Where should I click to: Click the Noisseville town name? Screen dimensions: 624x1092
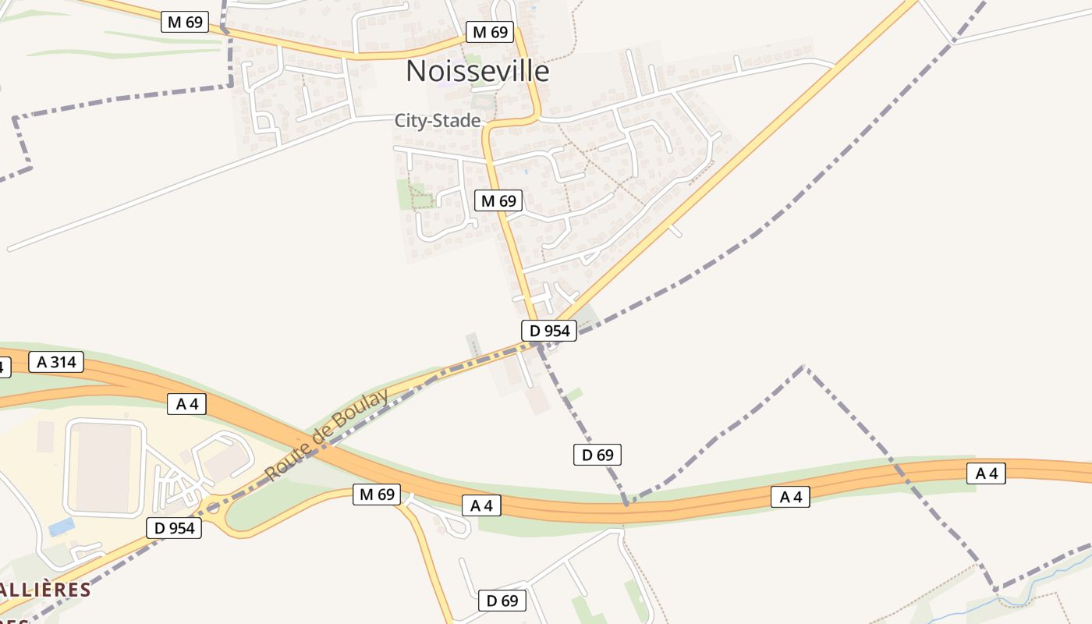(477, 71)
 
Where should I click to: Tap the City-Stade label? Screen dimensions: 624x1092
(437, 121)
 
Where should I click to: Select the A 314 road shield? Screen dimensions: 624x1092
(56, 362)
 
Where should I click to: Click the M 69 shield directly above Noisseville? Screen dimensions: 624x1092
(490, 32)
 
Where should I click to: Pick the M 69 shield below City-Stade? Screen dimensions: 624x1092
(498, 200)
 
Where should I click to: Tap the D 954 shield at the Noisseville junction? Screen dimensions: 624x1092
(549, 331)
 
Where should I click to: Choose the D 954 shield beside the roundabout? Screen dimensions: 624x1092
(174, 528)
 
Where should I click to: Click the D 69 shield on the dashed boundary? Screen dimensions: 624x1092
(597, 455)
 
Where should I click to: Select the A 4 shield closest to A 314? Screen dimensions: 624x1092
(186, 404)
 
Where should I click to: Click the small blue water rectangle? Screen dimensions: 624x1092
(62, 526)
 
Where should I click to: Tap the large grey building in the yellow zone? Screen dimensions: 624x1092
(105, 467)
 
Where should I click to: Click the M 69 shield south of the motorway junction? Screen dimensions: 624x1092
(376, 494)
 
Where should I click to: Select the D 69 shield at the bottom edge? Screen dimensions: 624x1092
(502, 601)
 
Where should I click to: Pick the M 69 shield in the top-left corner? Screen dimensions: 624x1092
(185, 22)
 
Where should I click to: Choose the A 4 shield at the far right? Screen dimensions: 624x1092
(986, 473)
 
